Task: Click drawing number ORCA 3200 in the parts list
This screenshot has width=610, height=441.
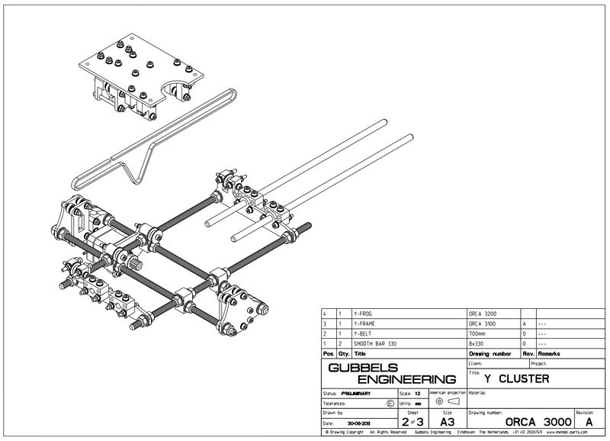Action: click(x=483, y=314)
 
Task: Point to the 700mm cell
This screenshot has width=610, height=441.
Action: click(x=478, y=334)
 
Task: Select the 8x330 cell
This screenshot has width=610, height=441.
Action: click(x=477, y=344)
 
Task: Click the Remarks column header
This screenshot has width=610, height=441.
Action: click(x=551, y=354)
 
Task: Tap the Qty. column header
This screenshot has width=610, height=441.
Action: click(x=343, y=354)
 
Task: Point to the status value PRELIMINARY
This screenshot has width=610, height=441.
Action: click(x=357, y=393)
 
